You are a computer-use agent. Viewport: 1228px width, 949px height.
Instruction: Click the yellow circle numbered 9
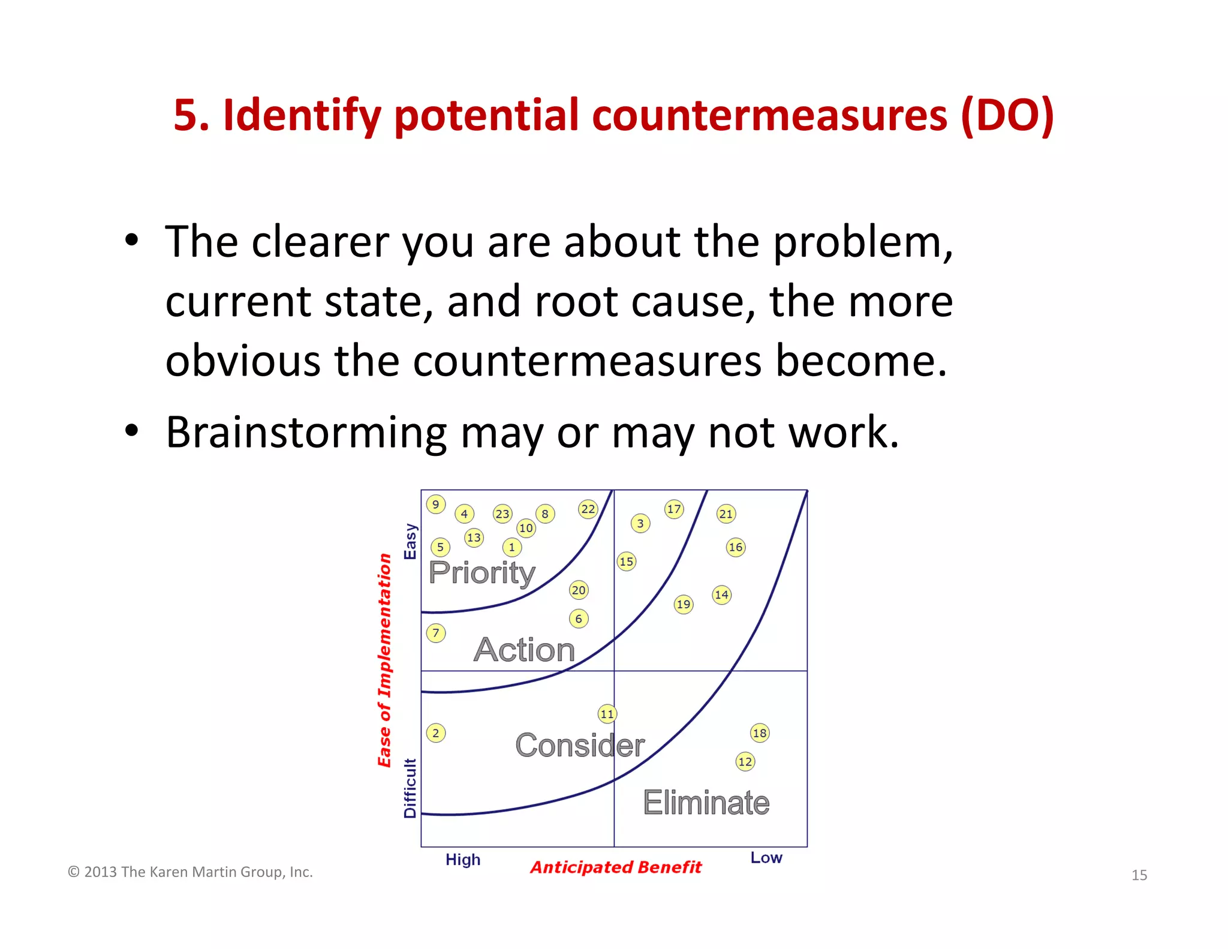(436, 504)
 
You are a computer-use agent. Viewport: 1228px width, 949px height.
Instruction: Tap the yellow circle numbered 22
(588, 509)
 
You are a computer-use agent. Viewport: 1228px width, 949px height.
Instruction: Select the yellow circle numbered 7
(436, 633)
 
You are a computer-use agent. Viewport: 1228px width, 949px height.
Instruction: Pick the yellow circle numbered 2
(436, 732)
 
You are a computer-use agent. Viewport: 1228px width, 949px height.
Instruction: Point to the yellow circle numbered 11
(607, 713)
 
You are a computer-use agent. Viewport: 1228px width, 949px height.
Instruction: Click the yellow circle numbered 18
(760, 732)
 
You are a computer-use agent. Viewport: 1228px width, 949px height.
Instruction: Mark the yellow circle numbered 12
(745, 761)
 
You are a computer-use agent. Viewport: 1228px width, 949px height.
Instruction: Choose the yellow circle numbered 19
(684, 603)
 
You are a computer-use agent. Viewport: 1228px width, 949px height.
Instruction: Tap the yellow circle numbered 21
(726, 513)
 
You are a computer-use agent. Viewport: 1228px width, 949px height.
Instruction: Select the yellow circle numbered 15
(626, 561)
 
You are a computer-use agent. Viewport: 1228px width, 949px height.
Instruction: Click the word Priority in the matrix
(481, 572)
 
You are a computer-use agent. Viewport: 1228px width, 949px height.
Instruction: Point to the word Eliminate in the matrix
(706, 803)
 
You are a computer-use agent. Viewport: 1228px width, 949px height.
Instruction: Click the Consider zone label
(580, 745)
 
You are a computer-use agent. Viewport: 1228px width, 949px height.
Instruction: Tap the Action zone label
(524, 650)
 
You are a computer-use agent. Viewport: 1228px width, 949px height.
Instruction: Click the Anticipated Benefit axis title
(616, 867)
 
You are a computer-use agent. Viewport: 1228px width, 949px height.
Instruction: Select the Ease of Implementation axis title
(384, 660)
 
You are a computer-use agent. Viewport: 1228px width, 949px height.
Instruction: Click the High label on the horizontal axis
(463, 860)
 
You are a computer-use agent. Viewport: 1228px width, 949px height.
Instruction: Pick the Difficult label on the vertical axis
(410, 788)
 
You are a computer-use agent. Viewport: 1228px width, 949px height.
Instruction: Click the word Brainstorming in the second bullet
(306, 433)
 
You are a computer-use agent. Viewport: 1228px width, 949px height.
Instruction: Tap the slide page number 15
(1139, 875)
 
